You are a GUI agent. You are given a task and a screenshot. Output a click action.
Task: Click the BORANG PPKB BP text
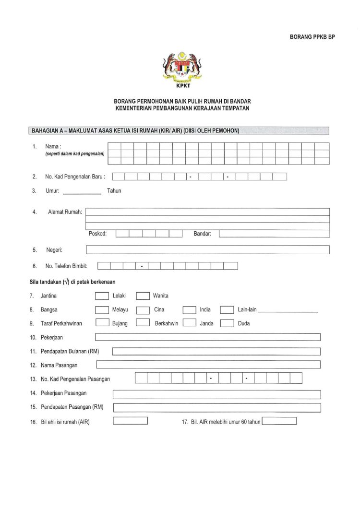(312, 36)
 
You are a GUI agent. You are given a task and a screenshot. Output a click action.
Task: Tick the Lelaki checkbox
(102, 296)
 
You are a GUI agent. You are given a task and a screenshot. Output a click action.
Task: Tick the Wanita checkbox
(143, 296)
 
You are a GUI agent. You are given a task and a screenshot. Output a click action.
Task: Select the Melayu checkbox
(102, 310)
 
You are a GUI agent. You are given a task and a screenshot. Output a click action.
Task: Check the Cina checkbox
(143, 310)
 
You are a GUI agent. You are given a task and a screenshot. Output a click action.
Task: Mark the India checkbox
(190, 310)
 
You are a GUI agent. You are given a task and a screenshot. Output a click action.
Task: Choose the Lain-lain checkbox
(227, 310)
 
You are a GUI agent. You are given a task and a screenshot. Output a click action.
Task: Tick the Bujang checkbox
(102, 323)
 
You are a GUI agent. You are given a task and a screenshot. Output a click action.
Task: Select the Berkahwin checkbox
(143, 323)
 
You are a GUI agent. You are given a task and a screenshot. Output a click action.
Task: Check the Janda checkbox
(190, 323)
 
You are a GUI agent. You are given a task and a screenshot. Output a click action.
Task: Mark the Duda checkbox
(227, 323)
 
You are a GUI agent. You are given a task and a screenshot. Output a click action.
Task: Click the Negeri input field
(207, 250)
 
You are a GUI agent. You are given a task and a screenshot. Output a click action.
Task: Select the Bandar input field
(274, 234)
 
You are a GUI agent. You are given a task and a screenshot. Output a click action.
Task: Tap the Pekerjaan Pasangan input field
(216, 394)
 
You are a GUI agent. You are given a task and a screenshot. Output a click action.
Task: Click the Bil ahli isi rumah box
(130, 421)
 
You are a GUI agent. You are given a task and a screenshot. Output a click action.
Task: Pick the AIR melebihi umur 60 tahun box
(279, 421)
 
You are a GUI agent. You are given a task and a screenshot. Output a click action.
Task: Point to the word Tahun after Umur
(114, 191)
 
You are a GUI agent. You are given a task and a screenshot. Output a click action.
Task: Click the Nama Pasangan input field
(208, 365)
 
